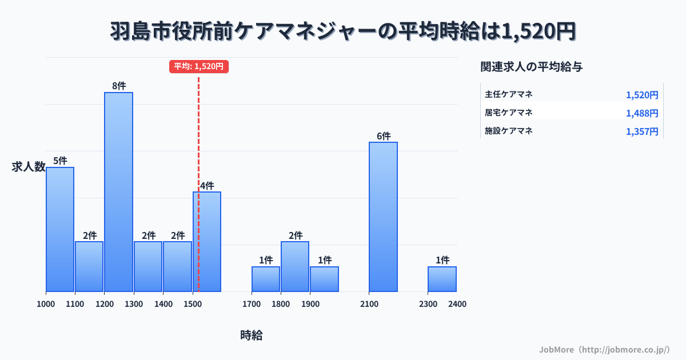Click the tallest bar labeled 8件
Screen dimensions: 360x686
(x=118, y=191)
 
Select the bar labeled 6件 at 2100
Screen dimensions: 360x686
(x=383, y=217)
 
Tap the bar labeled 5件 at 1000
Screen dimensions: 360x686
(x=60, y=229)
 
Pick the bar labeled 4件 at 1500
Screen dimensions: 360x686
(x=207, y=241)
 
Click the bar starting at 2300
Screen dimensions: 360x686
(x=442, y=279)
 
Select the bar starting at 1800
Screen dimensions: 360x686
(x=295, y=266)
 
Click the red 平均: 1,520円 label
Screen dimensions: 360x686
(x=199, y=66)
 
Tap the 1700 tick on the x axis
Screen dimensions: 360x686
(x=251, y=304)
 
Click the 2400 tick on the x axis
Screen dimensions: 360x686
(x=457, y=304)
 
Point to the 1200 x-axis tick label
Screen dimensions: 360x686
(x=104, y=304)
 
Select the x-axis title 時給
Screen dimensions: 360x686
(x=252, y=335)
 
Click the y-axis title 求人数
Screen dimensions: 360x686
(x=29, y=167)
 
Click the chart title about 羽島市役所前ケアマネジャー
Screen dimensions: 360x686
(x=343, y=31)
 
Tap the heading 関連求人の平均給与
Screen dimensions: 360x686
(x=532, y=66)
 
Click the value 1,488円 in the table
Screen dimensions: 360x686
(x=642, y=113)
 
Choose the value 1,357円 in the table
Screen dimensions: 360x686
(x=642, y=131)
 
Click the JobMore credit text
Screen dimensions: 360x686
(x=605, y=349)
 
